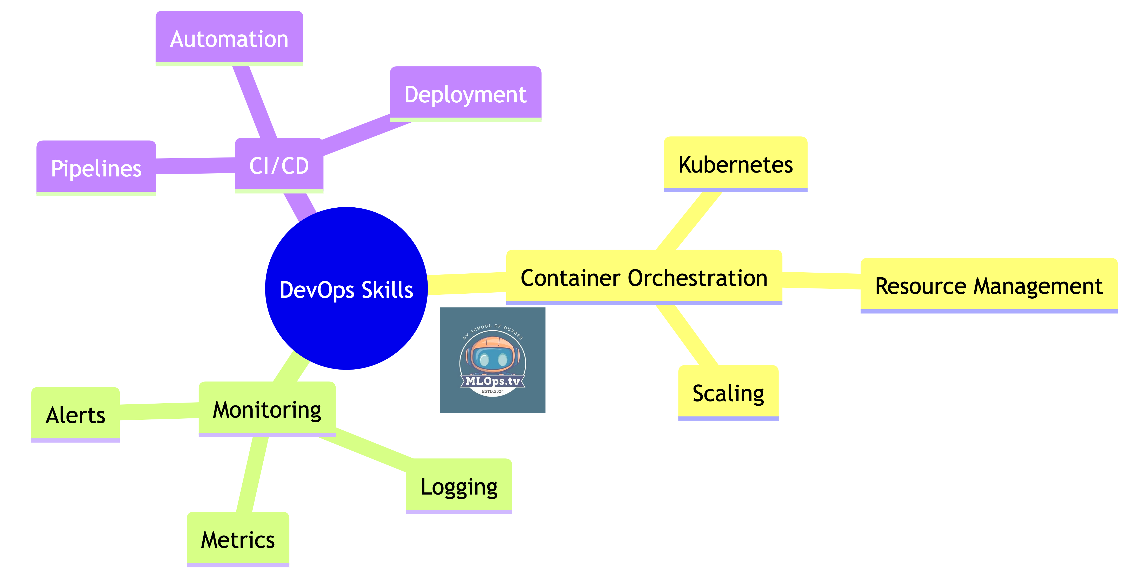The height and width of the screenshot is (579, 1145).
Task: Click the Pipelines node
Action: (x=96, y=168)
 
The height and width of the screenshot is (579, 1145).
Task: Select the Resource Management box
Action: (x=989, y=286)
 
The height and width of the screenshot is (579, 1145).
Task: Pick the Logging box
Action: (x=459, y=486)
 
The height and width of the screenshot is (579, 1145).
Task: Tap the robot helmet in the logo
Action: (x=492, y=353)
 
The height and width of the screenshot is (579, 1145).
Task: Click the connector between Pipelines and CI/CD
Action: (x=196, y=166)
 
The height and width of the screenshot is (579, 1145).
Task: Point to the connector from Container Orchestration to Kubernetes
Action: (x=689, y=221)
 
